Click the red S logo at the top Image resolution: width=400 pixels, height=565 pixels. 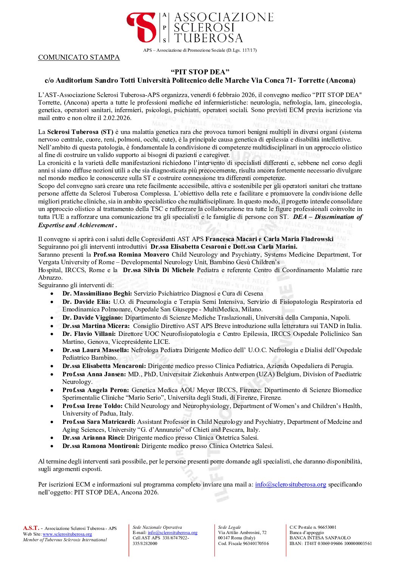pos(142,27)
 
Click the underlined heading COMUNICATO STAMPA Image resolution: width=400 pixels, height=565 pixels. pos(79,57)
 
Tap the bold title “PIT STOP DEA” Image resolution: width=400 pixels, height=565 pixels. pos(200,72)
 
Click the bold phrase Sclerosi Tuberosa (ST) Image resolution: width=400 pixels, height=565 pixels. pos(80,132)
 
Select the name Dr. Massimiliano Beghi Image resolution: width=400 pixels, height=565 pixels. pos(97,294)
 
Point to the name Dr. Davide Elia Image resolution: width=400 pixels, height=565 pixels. pos(86,302)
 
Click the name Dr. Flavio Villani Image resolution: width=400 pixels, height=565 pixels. pos(89,334)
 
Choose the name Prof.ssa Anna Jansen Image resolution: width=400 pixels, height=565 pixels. pos(94,374)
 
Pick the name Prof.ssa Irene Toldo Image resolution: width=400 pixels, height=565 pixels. pos(92,406)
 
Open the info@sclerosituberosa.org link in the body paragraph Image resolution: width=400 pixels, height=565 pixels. pos(290,485)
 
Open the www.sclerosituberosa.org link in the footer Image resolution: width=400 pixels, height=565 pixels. pos(67,534)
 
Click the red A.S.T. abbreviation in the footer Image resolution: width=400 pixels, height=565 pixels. pos(31,528)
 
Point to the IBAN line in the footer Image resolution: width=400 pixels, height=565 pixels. pos(330,544)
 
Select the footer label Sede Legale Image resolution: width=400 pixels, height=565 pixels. pos(229,528)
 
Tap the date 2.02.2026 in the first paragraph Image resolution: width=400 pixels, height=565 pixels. pos(117,118)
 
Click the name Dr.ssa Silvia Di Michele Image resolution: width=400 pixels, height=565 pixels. pos(158,270)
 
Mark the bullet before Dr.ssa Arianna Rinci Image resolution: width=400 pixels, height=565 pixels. pos(52,438)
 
